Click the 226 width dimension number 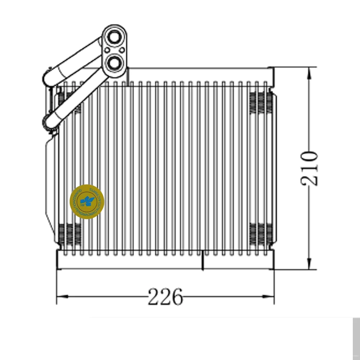[x=165, y=297]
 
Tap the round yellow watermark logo [x=87, y=202]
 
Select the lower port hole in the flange [x=114, y=63]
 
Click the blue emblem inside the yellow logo [x=87, y=200]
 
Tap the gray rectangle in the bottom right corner [x=356, y=338]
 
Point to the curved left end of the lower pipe [x=47, y=123]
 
